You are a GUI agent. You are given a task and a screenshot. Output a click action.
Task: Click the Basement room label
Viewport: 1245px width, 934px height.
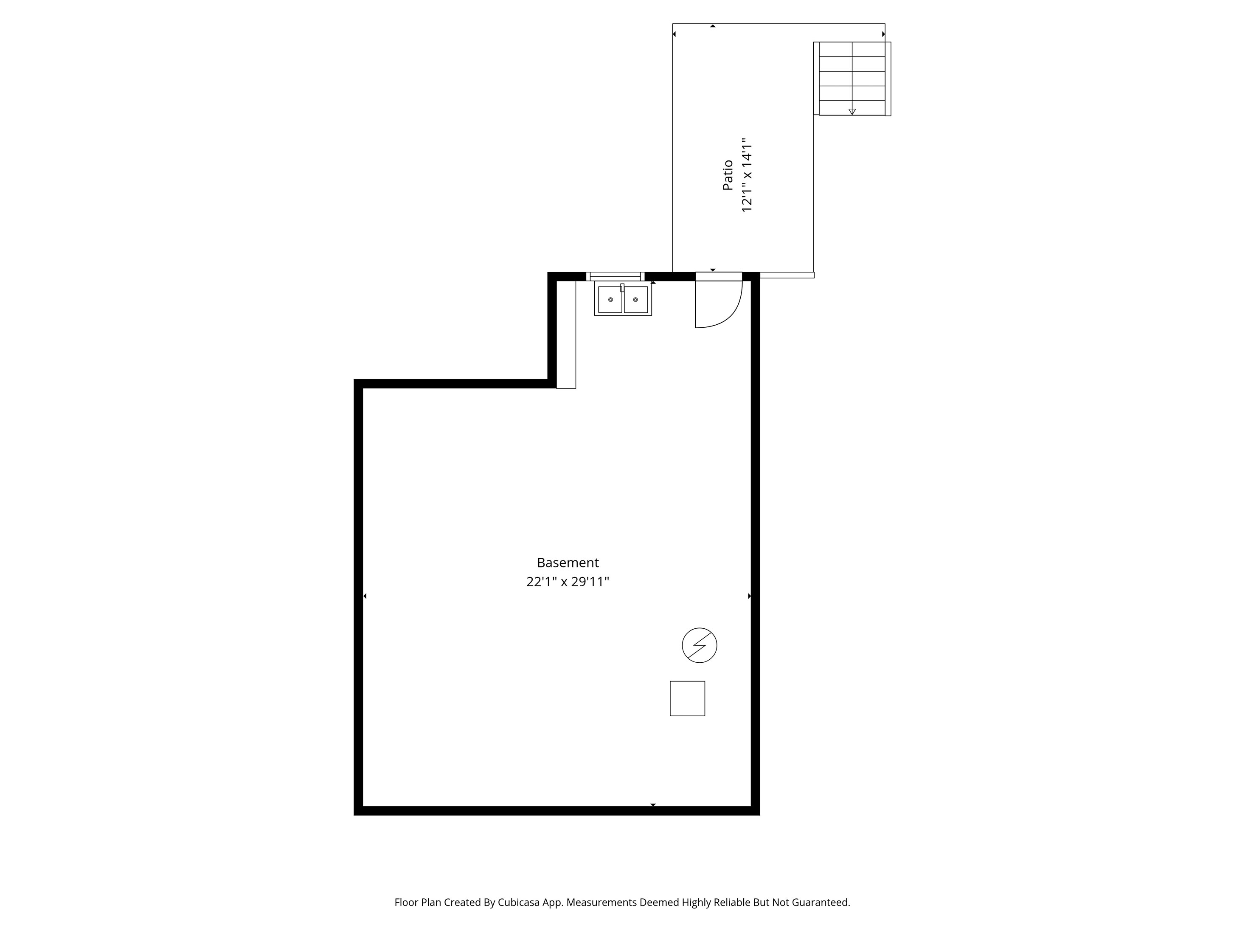pyautogui.click(x=568, y=563)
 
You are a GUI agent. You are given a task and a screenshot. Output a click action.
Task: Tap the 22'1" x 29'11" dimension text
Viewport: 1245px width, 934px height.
pyautogui.click(x=568, y=582)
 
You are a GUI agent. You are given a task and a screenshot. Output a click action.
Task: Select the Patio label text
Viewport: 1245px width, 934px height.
pyautogui.click(x=728, y=175)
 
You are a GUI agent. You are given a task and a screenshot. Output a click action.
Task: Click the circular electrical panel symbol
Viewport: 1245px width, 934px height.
pyautogui.click(x=699, y=645)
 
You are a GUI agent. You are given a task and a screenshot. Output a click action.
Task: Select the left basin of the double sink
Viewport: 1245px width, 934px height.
pyautogui.click(x=610, y=299)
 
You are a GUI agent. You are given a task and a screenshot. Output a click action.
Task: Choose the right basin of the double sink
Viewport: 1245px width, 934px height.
pyautogui.click(x=635, y=299)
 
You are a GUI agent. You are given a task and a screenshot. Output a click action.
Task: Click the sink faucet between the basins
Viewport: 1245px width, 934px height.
pyautogui.click(x=622, y=288)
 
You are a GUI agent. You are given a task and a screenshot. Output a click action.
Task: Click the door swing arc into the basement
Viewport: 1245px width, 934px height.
pyautogui.click(x=732, y=315)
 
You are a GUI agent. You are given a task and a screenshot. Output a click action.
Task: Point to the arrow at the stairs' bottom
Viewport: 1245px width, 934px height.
pyautogui.click(x=852, y=112)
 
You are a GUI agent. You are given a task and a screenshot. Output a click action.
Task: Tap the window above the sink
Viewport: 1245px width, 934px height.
pyautogui.click(x=615, y=276)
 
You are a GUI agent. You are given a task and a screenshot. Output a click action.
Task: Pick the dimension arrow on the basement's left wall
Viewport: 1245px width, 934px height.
pyautogui.click(x=365, y=596)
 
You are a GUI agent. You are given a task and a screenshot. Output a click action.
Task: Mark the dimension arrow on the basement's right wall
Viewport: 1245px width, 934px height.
pyautogui.click(x=749, y=596)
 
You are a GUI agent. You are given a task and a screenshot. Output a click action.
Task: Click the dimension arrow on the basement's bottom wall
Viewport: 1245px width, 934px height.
pyautogui.click(x=653, y=805)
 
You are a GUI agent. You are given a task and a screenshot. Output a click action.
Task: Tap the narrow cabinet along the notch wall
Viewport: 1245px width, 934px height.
pyautogui.click(x=566, y=335)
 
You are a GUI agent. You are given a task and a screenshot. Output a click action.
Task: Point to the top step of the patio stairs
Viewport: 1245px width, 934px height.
pyautogui.click(x=852, y=49)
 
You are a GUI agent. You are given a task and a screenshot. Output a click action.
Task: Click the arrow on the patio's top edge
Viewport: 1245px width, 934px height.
pyautogui.click(x=713, y=26)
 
